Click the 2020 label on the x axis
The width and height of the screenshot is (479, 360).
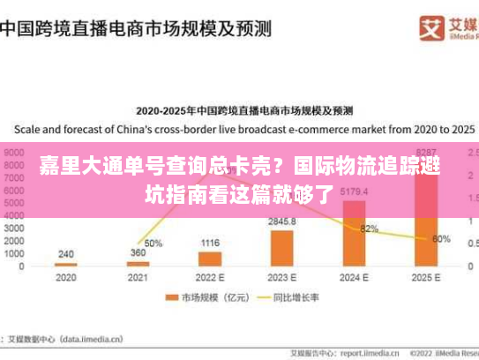[65, 277]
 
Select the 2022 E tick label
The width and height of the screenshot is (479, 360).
[209, 277]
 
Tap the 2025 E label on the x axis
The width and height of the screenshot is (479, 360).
[426, 277]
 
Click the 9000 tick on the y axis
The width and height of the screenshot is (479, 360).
[15, 152]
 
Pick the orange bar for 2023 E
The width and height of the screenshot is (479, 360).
[281, 248]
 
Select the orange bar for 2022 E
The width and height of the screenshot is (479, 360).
[209, 259]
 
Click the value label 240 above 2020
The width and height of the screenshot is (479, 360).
[66, 254]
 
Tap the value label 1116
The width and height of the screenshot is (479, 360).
[209, 243]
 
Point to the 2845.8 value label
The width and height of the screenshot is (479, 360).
[282, 221]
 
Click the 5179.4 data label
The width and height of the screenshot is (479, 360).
[354, 191]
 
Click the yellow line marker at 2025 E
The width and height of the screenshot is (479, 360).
[426, 239]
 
